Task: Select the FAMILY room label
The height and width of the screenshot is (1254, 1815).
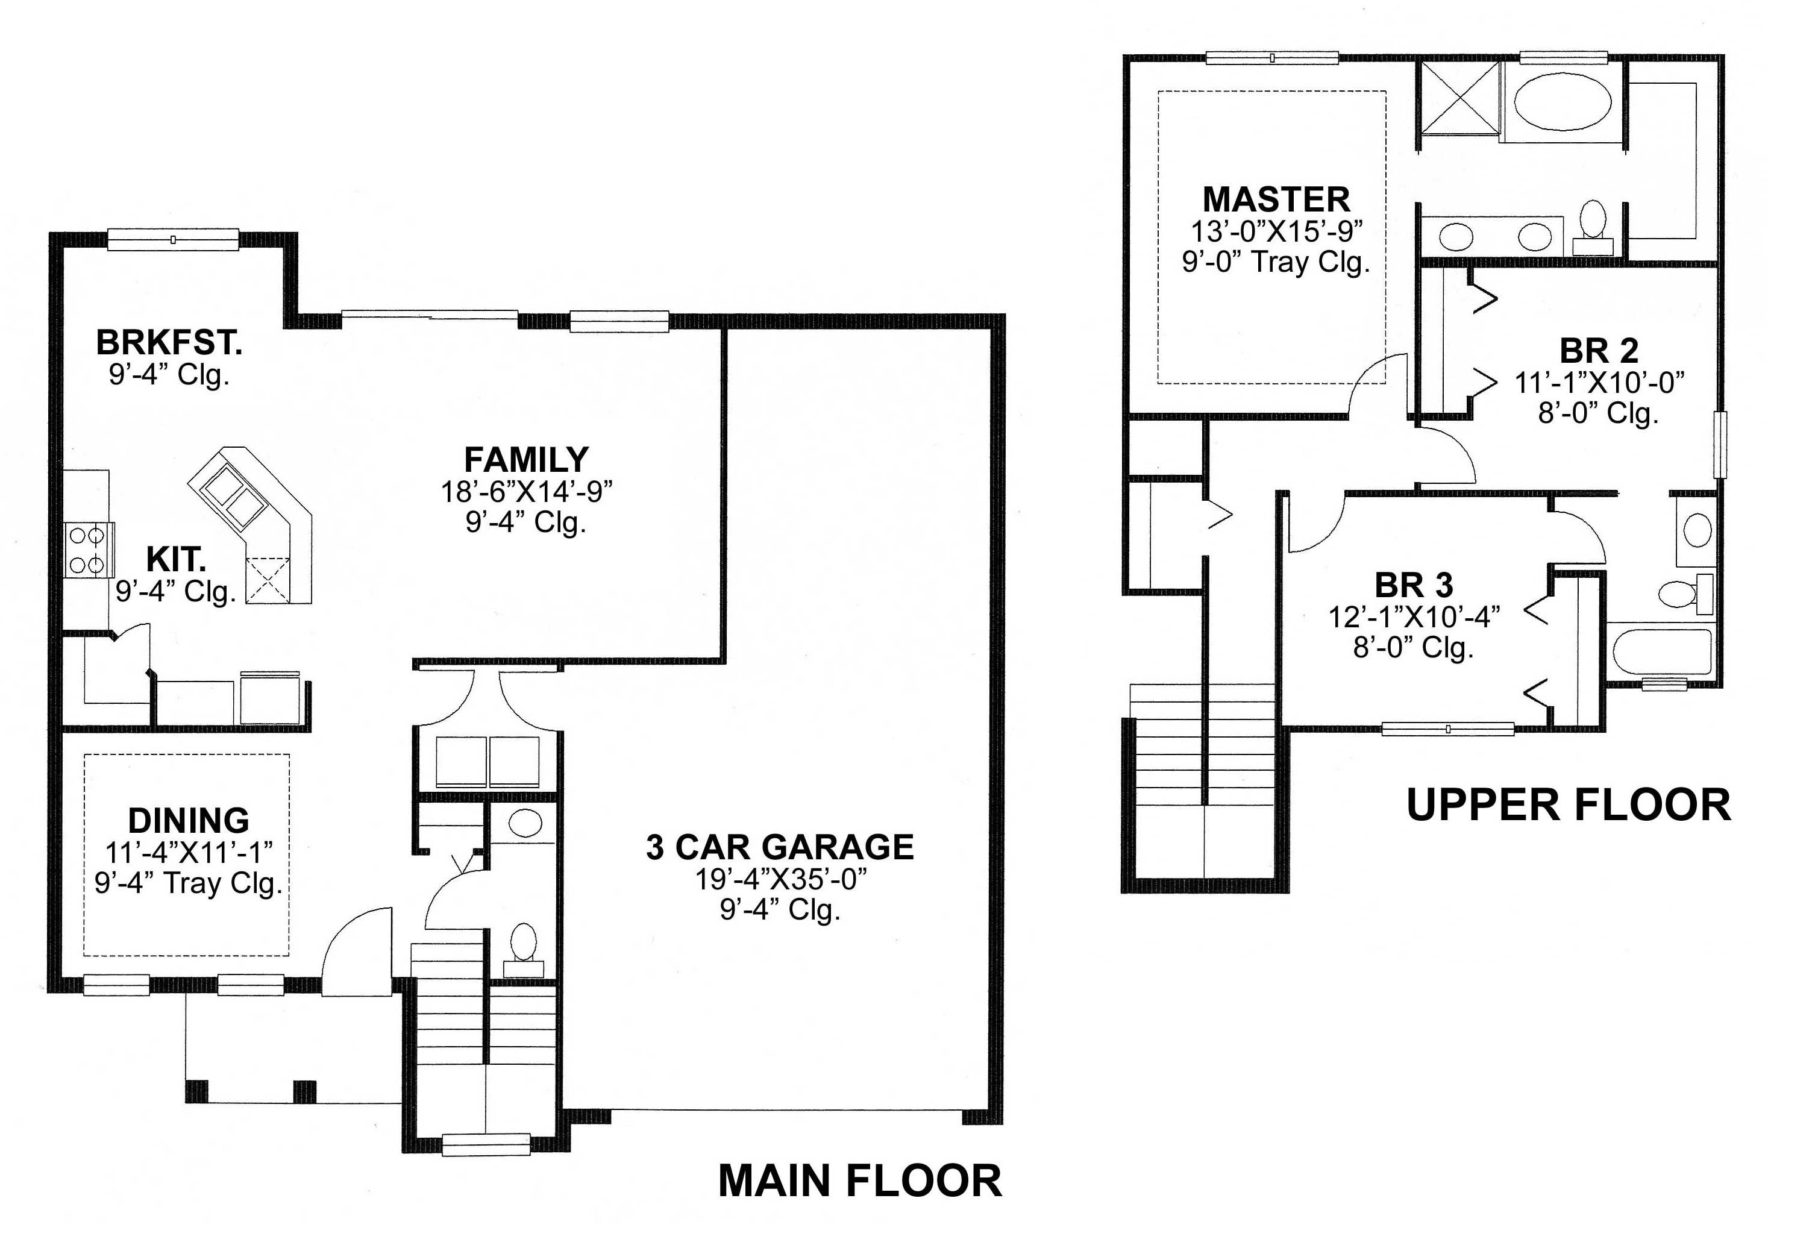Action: (525, 460)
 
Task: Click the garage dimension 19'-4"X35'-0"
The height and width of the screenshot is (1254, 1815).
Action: (780, 879)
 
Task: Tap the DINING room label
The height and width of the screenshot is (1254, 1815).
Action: (189, 821)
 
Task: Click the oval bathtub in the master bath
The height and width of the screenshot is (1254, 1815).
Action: (1562, 102)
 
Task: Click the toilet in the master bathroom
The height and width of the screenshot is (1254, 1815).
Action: (1593, 220)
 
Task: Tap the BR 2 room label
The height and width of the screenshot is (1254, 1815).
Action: (1598, 351)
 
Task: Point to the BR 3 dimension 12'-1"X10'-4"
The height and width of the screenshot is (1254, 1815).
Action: (1414, 618)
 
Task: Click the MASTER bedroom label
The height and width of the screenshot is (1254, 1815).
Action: (1276, 199)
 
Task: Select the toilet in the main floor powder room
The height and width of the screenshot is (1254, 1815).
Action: (523, 943)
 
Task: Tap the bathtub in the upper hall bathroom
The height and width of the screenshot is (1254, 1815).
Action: (1660, 651)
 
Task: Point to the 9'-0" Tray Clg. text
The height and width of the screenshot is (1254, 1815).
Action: (1276, 262)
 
